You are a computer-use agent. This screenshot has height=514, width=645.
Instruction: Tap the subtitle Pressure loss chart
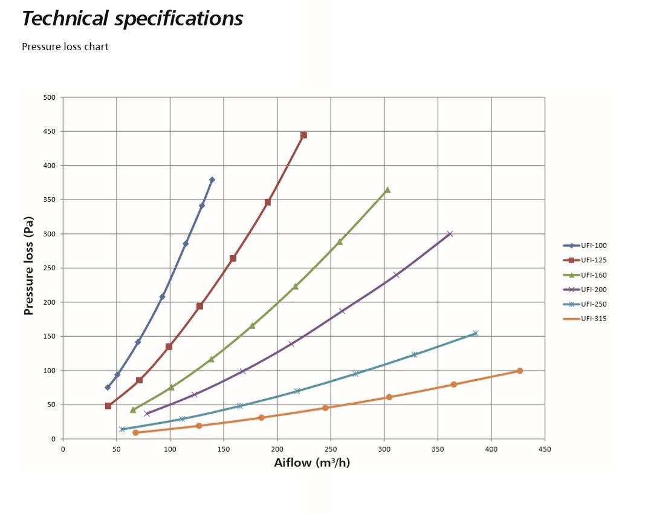coord(65,47)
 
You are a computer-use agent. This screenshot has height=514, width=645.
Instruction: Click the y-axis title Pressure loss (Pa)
coord(28,266)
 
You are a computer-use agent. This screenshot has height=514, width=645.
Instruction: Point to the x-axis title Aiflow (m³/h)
coord(312,463)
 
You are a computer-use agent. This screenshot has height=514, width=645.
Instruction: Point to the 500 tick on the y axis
coord(50,97)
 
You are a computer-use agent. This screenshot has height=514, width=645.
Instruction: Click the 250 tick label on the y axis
coord(50,268)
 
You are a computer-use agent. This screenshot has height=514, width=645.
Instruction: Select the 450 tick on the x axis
coord(545,449)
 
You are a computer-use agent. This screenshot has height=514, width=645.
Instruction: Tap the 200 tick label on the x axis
coord(277,449)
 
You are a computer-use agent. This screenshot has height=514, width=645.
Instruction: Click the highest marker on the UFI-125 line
coord(303,135)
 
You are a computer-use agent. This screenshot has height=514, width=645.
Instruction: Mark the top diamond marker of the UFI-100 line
coord(212,180)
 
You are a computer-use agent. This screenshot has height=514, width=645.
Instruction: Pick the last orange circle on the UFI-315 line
coord(519,371)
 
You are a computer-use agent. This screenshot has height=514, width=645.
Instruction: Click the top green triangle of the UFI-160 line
coord(387,190)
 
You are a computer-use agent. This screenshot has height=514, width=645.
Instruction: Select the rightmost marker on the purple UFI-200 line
coord(450,233)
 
